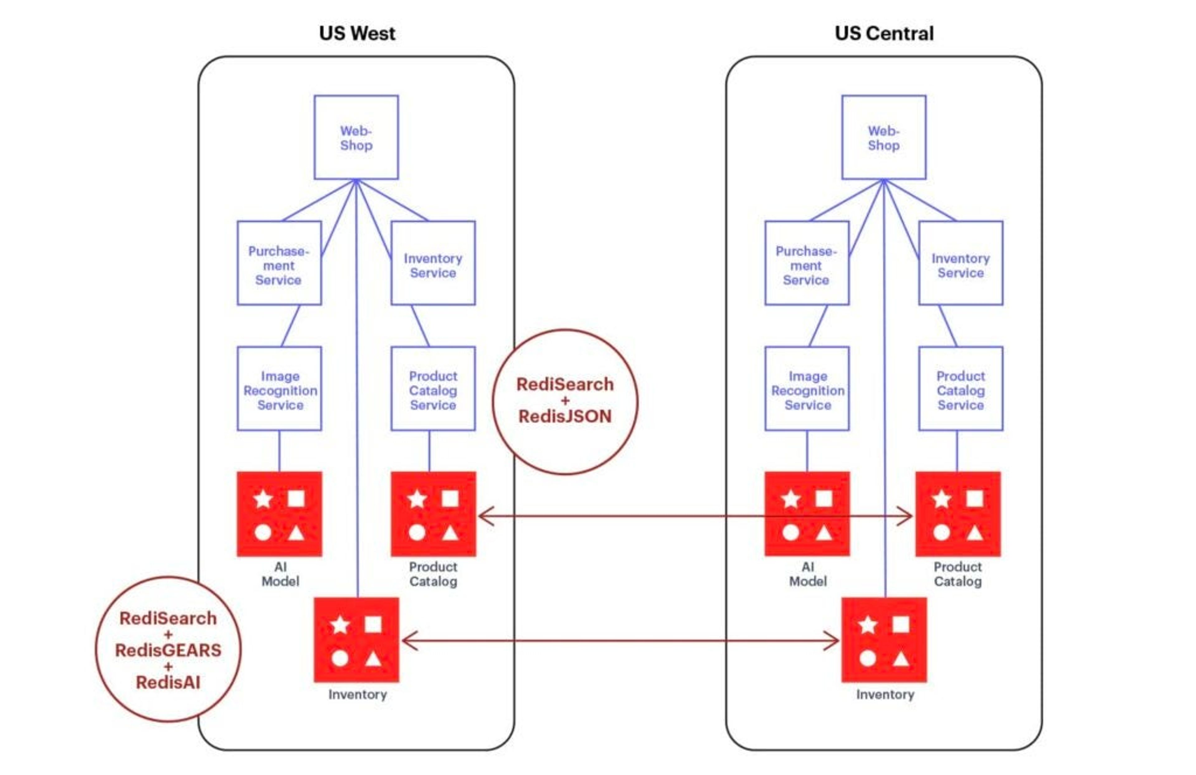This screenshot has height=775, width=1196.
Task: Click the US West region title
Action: point(357,34)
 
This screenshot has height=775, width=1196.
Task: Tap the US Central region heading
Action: point(884,34)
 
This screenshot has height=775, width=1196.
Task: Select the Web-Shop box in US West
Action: point(356,137)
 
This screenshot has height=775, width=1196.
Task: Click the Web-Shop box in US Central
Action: point(884,137)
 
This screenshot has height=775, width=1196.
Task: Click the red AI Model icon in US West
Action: point(279,514)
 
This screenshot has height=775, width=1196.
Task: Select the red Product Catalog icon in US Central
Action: point(958,514)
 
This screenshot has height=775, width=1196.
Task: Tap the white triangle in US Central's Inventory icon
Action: point(900,659)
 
